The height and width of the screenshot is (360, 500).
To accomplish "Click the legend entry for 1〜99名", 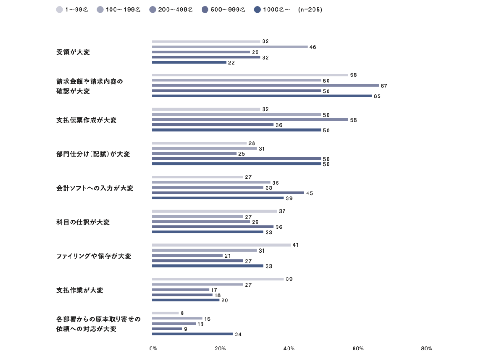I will (72, 10).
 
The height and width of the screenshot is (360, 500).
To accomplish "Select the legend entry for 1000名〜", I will (272, 10).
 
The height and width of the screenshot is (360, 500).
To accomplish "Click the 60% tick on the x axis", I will (358, 349).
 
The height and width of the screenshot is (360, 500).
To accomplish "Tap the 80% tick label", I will (426, 349).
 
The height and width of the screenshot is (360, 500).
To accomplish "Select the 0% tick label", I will (153, 349).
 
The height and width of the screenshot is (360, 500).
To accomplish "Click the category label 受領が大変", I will (73, 52).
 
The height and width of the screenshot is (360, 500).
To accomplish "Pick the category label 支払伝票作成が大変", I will (86, 120).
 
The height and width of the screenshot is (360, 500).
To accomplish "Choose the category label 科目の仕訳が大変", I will (83, 222).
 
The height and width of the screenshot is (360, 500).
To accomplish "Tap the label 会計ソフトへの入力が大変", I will (95, 188).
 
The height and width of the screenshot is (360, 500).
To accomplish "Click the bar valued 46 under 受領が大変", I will (229, 47).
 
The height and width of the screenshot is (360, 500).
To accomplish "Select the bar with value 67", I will (265, 86).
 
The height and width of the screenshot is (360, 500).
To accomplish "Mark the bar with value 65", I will (262, 96).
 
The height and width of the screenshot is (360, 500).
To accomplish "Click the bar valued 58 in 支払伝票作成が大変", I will (250, 120).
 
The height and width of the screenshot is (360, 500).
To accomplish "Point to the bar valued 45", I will (227, 193).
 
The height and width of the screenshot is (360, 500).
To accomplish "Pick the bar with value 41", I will (221, 245).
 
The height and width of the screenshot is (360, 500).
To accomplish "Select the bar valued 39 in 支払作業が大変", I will (217, 279).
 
